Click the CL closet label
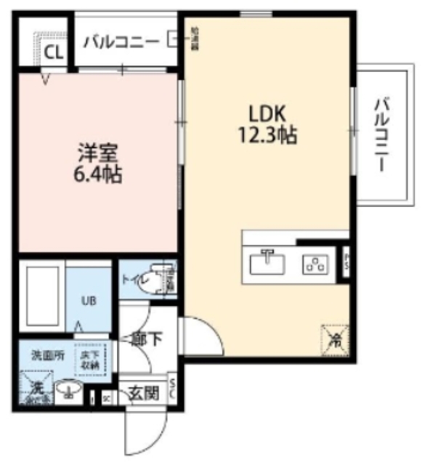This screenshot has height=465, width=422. pyautogui.click(x=53, y=51)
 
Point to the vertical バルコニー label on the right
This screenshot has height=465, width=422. pyautogui.click(x=381, y=135)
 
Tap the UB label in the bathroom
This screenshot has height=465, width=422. pyautogui.click(x=86, y=299)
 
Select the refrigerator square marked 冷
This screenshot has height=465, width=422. pyautogui.click(x=333, y=338)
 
